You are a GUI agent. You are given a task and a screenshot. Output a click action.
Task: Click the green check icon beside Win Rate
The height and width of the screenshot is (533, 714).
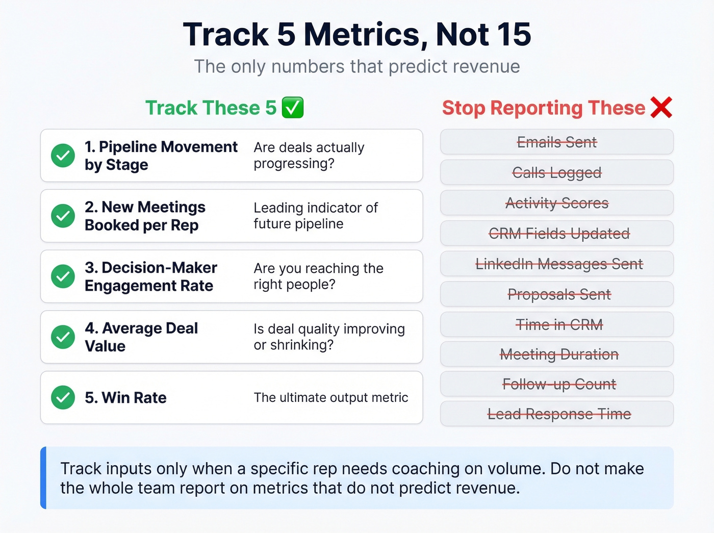[x=63, y=397]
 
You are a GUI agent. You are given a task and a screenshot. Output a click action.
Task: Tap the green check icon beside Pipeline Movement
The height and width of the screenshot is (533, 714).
[x=63, y=156]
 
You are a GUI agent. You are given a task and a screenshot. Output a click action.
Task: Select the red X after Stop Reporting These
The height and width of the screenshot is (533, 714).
[x=661, y=108]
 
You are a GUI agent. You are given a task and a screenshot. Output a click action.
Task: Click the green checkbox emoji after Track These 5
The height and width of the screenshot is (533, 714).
[x=293, y=108]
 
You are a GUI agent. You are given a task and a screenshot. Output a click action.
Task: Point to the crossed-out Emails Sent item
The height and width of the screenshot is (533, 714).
[x=556, y=142]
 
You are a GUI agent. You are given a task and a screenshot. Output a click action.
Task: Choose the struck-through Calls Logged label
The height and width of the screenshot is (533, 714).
[x=556, y=173]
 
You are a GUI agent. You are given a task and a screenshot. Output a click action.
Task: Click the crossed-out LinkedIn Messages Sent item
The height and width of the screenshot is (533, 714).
[x=559, y=264]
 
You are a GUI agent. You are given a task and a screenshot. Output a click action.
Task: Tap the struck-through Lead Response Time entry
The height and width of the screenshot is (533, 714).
[x=559, y=414]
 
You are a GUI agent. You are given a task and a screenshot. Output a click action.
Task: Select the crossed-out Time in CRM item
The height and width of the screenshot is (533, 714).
[x=559, y=324]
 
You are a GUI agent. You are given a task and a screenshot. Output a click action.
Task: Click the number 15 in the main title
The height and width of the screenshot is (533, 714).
[x=514, y=35]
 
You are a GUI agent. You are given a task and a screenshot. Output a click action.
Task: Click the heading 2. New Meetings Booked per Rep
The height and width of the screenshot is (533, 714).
[x=145, y=216]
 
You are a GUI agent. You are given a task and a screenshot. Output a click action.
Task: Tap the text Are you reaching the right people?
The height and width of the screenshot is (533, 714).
[x=318, y=276]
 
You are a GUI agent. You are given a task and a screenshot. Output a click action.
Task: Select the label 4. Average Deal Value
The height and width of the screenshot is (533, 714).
[x=141, y=337]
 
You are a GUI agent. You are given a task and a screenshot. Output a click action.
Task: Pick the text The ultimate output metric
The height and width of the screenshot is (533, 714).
[x=330, y=397]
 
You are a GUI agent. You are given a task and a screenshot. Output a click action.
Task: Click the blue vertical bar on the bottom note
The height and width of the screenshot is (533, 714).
[x=43, y=478]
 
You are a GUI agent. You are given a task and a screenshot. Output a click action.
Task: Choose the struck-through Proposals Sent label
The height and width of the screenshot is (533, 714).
[x=559, y=294]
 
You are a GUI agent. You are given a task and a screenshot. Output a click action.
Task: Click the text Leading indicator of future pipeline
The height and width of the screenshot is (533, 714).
[x=315, y=216]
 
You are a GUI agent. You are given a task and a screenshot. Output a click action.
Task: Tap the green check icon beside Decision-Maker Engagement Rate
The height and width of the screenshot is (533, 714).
[x=63, y=276]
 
